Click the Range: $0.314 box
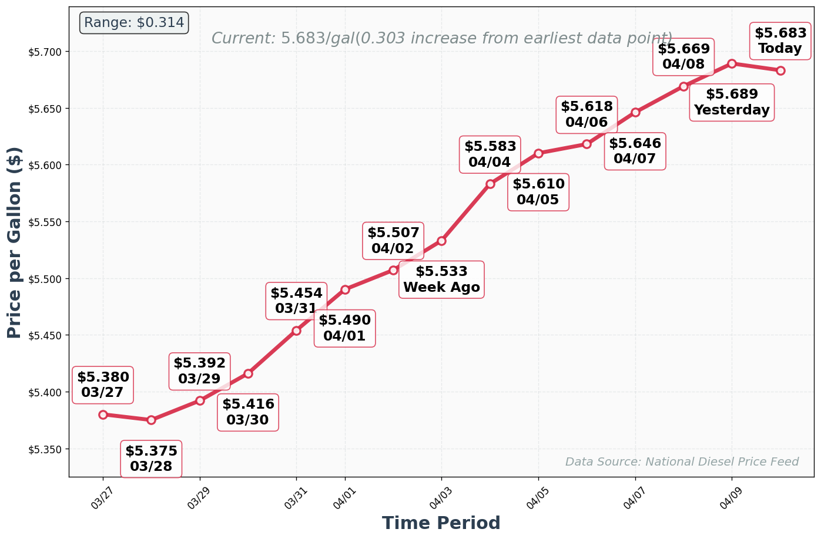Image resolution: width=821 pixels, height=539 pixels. (133, 23)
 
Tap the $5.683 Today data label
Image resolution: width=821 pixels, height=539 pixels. (780, 41)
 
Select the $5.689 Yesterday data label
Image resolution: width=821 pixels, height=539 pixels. (731, 102)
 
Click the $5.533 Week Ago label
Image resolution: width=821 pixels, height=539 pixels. (441, 279)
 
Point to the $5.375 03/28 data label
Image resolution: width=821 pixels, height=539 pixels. (151, 459)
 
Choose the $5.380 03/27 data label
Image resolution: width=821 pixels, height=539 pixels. (103, 385)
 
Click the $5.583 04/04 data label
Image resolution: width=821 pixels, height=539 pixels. (490, 154)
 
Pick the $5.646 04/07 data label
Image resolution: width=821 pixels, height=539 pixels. (635, 151)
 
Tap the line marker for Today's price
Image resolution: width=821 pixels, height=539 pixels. (780, 70)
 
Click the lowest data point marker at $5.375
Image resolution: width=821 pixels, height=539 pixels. (151, 420)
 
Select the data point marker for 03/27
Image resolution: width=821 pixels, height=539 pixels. (103, 415)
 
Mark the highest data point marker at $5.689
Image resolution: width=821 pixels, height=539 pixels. (732, 63)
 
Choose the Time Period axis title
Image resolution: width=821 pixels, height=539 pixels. (441, 523)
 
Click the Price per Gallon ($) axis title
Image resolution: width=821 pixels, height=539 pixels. (14, 242)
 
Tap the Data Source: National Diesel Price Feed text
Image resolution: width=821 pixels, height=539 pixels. (682, 462)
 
